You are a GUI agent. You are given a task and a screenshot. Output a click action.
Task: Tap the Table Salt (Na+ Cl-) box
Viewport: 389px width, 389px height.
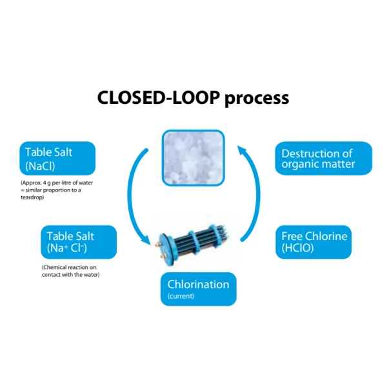pyautogui.click(x=79, y=242)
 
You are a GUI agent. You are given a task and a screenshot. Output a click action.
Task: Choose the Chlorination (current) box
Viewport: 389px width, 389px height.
pyautogui.click(x=198, y=289)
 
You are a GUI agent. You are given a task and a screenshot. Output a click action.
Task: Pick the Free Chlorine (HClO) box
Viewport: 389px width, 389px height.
pyautogui.click(x=314, y=241)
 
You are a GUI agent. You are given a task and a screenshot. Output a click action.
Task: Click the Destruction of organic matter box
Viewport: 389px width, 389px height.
pyautogui.click(x=323, y=159)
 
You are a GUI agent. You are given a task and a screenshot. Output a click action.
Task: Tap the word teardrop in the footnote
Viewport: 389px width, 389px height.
pyautogui.click(x=32, y=197)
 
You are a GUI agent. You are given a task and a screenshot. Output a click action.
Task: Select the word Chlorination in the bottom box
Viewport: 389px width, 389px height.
pyautogui.click(x=198, y=284)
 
